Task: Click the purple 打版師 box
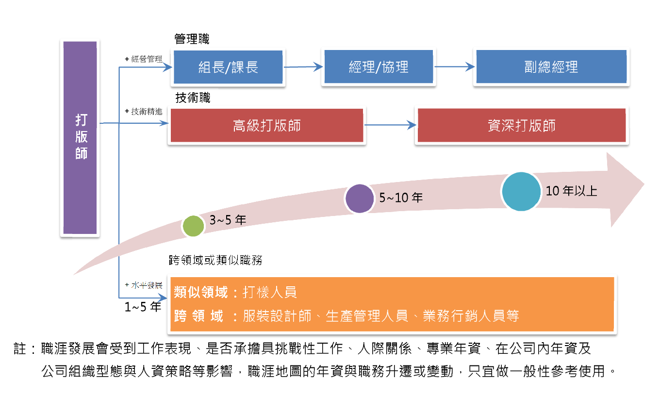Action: pos(80,137)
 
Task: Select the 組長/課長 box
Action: pos(228,67)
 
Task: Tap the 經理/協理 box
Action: pos(379,67)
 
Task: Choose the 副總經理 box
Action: pos(551,66)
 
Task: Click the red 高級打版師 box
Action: pos(267,126)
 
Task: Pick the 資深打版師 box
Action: pos(522,125)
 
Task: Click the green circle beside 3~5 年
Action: pos(193,226)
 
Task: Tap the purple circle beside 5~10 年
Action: pos(360,199)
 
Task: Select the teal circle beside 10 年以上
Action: pos(521,192)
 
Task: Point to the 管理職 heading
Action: pos(192,39)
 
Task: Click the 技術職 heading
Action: pos(193,98)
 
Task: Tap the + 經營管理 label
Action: pos(144,59)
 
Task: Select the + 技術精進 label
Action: pos(144,112)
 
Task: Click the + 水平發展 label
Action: pos(144,285)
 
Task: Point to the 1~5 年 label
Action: pos(143,307)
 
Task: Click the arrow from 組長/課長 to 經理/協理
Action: pos(303,67)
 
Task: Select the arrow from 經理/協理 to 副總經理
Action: pos(455,66)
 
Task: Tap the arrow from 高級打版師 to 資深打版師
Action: pos(390,125)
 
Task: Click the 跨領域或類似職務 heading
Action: pos(215,260)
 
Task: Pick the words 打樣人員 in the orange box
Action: pos(269,293)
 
